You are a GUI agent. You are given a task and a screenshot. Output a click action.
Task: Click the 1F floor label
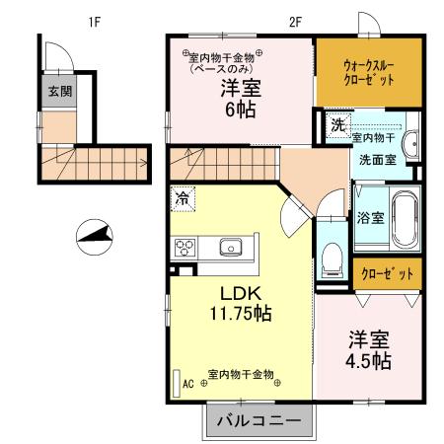tap(94, 21)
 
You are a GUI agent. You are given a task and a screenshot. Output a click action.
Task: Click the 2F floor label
tap(294, 21)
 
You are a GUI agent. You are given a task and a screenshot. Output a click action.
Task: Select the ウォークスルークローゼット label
tap(368, 71)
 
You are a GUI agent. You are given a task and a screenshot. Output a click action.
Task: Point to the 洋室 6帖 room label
tap(241, 98)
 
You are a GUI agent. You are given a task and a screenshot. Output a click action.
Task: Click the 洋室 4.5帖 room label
tap(368, 349)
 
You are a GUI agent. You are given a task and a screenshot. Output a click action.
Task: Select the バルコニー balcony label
tap(259, 418)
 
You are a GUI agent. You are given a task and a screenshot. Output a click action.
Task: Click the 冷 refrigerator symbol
tap(183, 199)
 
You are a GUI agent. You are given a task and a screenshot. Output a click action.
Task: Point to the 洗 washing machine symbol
tap(337, 125)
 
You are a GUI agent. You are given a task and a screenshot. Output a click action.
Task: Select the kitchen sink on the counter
tap(232, 247)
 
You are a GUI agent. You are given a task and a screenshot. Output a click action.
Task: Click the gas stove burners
tap(186, 247)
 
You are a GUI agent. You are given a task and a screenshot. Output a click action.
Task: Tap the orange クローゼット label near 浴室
tap(387, 271)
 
